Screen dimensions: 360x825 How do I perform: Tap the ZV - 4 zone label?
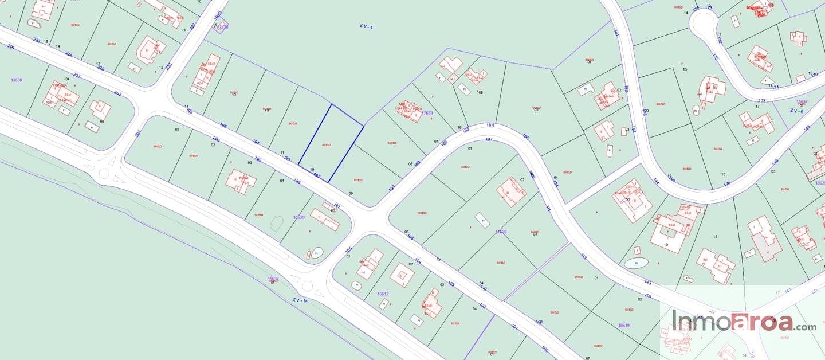point(366,26)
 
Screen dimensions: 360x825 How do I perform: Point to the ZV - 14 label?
point(300,300)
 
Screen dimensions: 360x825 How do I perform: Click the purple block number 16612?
point(383,294)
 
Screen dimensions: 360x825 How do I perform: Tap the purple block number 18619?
point(624,325)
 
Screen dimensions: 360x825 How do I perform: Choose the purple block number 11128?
point(501,232)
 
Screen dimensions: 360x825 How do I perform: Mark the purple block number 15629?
point(298,217)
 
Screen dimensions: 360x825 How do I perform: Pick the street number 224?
point(69,54)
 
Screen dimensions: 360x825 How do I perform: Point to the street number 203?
point(77,76)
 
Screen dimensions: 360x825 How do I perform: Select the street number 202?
point(117,93)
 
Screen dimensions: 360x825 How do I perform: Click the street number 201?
point(137,134)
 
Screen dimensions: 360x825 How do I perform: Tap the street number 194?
point(256,143)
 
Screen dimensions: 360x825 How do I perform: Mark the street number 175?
point(715,57)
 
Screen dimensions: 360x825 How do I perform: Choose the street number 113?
point(583,256)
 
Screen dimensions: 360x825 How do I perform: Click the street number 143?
point(648,282)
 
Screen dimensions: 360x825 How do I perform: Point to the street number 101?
point(514,327)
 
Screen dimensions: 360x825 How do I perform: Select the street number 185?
point(526,136)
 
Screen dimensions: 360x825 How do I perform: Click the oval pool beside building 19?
point(636,263)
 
